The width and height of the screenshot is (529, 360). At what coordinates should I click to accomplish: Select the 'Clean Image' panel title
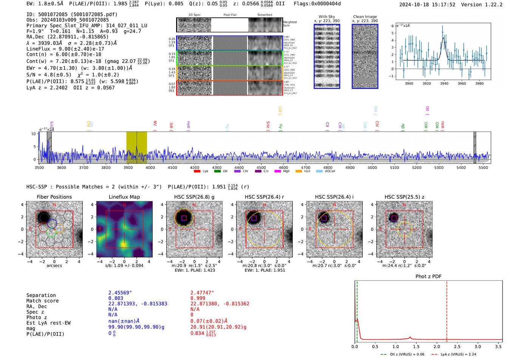[365, 17]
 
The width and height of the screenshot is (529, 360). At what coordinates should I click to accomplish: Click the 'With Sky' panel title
[326, 17]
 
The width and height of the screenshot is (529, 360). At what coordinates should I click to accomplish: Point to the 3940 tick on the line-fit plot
[444, 83]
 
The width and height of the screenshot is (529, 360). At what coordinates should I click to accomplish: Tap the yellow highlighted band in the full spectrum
[136, 147]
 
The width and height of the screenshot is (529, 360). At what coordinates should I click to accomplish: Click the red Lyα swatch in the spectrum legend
[197, 171]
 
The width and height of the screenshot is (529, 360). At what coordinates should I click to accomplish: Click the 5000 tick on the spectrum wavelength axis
[372, 167]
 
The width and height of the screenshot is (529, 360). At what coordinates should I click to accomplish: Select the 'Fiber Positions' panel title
[54, 197]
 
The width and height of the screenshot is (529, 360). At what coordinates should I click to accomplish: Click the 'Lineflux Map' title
[124, 197]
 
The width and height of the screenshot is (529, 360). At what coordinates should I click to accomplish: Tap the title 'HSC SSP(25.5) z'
[404, 197]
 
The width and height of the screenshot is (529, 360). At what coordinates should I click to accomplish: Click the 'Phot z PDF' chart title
[428, 277]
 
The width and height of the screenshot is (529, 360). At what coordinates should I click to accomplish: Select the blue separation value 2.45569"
[120, 293]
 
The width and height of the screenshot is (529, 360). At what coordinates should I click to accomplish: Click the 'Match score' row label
[42, 301]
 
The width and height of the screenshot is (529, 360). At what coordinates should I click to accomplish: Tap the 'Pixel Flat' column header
[230, 15]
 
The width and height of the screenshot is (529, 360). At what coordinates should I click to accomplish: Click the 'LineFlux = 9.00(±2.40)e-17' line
[65, 49]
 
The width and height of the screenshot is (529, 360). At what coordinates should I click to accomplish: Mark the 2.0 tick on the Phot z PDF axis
[436, 346]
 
